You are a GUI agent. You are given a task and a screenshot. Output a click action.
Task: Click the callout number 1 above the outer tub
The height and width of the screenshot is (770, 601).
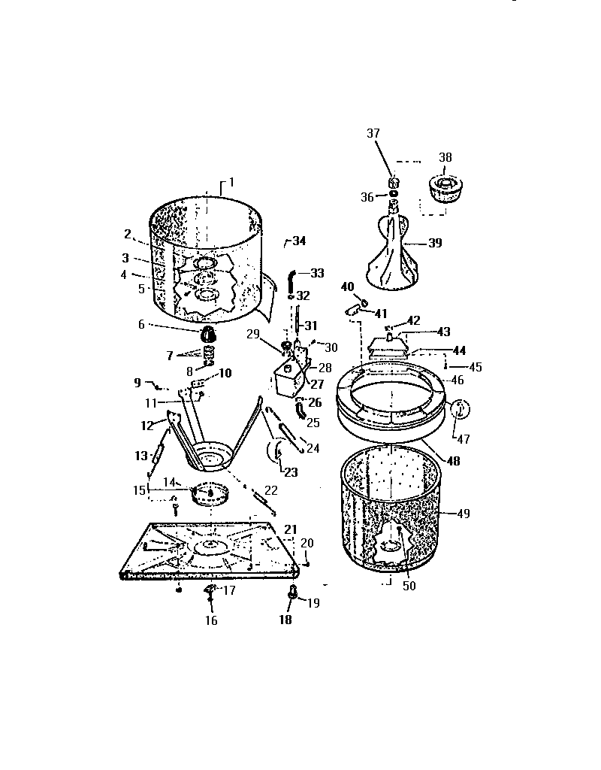[x=231, y=182]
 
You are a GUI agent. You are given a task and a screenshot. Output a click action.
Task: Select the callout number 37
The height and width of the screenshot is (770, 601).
[x=373, y=133]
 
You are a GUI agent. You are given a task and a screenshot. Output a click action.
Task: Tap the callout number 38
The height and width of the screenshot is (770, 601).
[x=445, y=158]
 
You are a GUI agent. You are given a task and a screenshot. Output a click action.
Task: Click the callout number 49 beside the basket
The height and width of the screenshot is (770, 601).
[x=463, y=514]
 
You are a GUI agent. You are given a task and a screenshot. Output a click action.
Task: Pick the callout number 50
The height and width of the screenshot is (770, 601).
[x=409, y=586]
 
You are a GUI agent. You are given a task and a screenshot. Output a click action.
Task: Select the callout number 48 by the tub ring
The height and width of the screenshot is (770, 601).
[x=454, y=461]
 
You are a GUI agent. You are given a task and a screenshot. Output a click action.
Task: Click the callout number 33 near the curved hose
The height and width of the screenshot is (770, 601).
[x=317, y=273]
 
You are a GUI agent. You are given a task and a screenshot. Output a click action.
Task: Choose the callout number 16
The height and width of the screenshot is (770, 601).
[x=212, y=620]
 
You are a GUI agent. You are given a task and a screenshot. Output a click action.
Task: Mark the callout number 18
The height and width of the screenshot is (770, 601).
[x=286, y=620]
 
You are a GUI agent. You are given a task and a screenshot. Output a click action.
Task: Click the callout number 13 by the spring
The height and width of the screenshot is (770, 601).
[x=141, y=456]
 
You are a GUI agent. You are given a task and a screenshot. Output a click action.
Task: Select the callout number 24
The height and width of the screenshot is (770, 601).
[x=313, y=448]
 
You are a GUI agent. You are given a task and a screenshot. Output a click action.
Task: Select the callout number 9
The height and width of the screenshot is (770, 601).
[x=137, y=382]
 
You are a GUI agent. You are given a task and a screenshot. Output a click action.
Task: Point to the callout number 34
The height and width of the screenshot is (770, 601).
[x=299, y=241]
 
